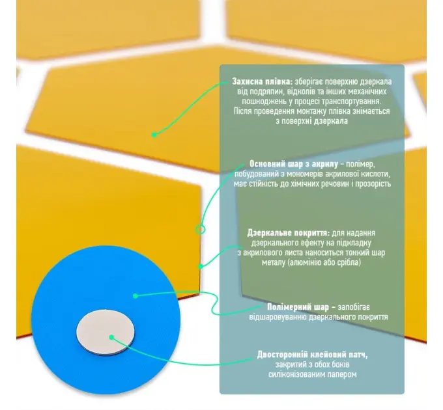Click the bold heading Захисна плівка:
[263, 81]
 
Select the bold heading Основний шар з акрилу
[294, 164]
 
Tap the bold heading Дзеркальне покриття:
[289, 233]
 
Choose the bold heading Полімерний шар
[298, 307]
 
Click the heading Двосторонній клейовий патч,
[313, 355]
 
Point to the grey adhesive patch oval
[106, 332]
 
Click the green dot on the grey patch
[111, 337]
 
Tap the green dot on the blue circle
[136, 295]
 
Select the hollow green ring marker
[200, 229]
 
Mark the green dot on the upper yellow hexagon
[154, 135]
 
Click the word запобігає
[354, 307]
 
